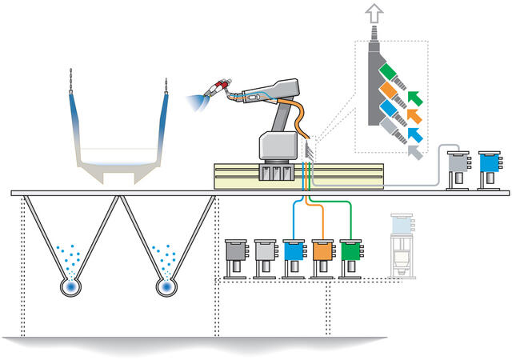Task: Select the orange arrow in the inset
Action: click(413, 117)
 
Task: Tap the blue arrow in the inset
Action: click(413, 133)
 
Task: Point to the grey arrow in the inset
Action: click(413, 149)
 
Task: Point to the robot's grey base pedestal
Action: click(278, 147)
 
